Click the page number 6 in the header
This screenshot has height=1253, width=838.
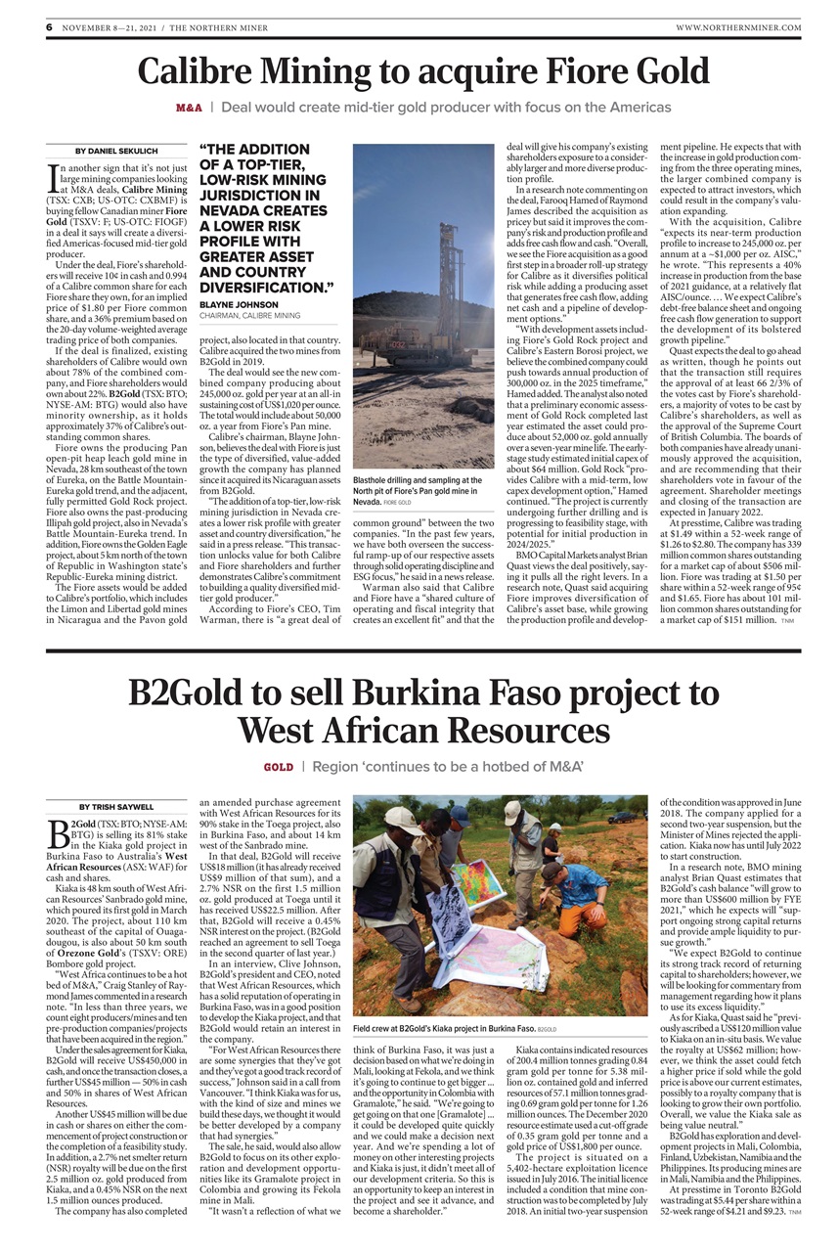click(48, 27)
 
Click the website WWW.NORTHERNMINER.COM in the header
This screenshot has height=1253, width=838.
click(738, 27)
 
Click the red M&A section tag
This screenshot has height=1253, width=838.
click(190, 106)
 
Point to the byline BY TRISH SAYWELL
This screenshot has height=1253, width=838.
click(110, 807)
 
